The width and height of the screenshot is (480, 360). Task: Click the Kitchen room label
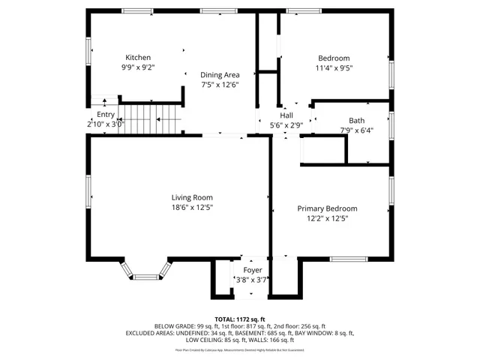pos(138,58)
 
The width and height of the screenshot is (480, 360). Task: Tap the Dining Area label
pos(220,75)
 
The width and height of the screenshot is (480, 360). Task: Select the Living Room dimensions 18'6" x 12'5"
pos(193,208)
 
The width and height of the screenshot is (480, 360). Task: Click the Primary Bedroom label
pos(327,208)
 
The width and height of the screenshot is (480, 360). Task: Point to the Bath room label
pos(357,121)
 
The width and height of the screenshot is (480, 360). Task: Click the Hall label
pos(286,115)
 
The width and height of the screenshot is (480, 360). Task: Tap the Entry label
pos(106,115)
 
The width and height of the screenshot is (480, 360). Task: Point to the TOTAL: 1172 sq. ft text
pos(240,319)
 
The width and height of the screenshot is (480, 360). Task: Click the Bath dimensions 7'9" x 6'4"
pos(357,130)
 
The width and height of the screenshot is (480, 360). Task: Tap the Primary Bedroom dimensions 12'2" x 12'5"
pos(327,219)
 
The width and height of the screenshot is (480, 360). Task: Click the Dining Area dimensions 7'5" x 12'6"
pos(220,85)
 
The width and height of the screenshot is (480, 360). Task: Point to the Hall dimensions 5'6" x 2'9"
pos(286,126)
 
